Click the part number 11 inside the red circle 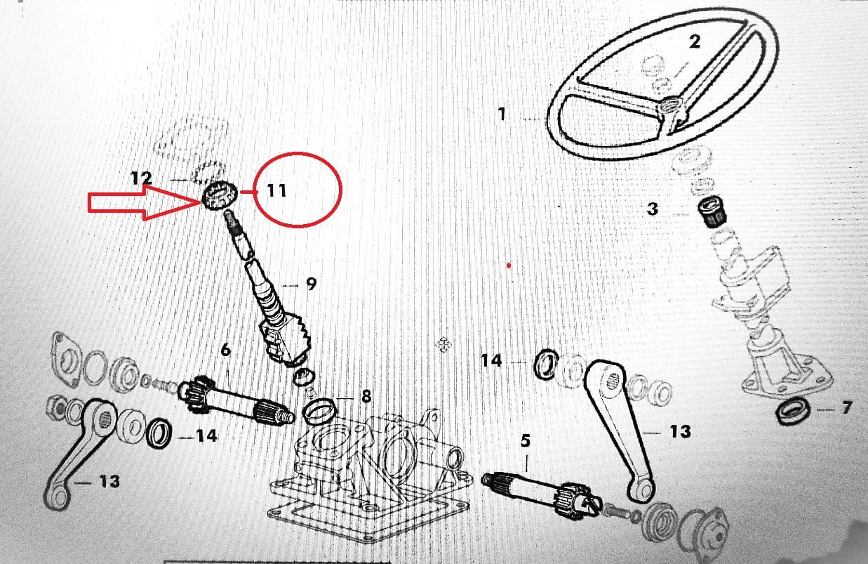click(x=277, y=190)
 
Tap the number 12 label click(x=142, y=178)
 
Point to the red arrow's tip click(x=201, y=201)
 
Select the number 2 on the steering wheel click(x=695, y=42)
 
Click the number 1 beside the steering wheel click(x=502, y=114)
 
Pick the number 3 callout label click(x=653, y=209)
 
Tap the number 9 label click(x=311, y=284)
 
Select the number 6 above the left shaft click(x=225, y=350)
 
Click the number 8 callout click(x=366, y=396)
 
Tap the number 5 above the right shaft click(x=526, y=440)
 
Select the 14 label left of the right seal click(x=491, y=360)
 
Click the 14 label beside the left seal click(x=206, y=436)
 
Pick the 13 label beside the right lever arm click(x=680, y=431)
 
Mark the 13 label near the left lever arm click(x=109, y=481)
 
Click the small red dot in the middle click(x=509, y=265)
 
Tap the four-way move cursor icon click(x=443, y=344)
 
